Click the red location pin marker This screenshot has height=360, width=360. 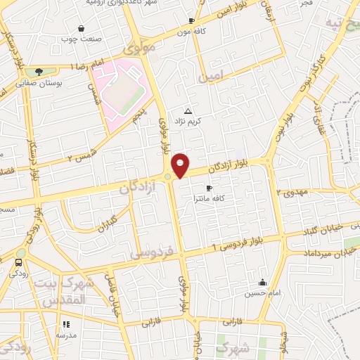(x=181, y=165)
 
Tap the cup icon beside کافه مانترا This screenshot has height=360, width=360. (x=209, y=188)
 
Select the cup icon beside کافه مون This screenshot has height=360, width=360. (x=192, y=21)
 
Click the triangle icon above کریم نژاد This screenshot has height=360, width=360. (x=188, y=111)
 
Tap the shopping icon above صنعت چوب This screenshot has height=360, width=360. (x=82, y=29)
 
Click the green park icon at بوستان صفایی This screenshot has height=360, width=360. (x=39, y=71)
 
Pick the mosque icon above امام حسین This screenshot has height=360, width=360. (x=262, y=282)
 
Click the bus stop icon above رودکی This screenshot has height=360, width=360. (x=17, y=263)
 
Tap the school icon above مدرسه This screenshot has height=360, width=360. (x=67, y=324)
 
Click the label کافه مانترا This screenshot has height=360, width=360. (x=209, y=200)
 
